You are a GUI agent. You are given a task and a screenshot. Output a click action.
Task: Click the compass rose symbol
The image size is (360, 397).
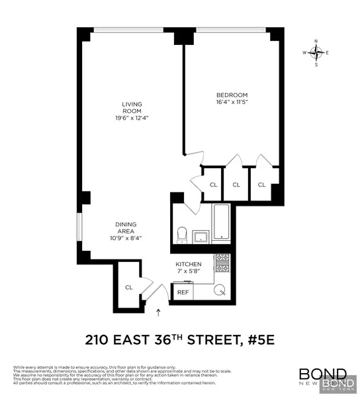pyautogui.click(x=316, y=52)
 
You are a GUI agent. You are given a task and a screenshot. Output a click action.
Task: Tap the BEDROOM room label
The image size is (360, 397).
pyautogui.click(x=231, y=94)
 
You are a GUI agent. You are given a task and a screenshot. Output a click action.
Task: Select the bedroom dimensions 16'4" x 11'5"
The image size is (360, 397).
pyautogui.click(x=231, y=102)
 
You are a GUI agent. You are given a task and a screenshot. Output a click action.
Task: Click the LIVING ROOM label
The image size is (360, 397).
pyautogui.click(x=132, y=109)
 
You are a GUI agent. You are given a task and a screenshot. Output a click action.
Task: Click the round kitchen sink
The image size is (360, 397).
pyautogui.click(x=222, y=290)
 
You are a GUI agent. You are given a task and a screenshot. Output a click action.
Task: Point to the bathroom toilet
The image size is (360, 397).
pyautogui.click(x=182, y=234)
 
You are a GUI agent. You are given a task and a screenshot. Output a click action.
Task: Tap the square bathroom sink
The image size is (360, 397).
pyautogui.click(x=200, y=236)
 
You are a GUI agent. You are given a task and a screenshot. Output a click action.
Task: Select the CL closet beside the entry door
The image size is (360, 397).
pyautogui.click(x=129, y=287)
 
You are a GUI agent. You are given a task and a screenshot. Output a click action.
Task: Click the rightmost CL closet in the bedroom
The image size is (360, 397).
pyautogui.click(x=261, y=185)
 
